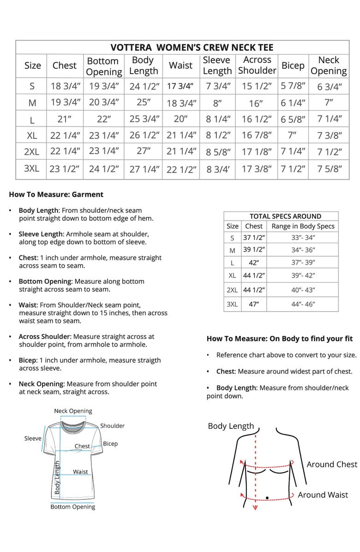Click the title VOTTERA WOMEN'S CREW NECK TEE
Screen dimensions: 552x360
(192, 48)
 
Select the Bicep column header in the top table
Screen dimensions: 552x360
(293, 66)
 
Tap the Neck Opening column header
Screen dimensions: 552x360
(329, 66)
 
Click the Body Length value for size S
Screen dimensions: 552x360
(144, 86)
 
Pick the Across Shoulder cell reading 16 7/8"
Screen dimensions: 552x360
(257, 135)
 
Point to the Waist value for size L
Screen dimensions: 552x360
(180, 119)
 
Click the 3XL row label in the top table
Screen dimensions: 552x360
(31, 168)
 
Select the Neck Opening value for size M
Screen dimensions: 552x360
(329, 102)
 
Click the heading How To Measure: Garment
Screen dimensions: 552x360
(56, 194)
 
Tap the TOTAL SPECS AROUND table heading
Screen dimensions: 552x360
(285, 216)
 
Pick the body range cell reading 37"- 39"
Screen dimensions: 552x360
(303, 262)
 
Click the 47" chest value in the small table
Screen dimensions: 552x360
(253, 304)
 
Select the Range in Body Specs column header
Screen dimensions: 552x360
(303, 226)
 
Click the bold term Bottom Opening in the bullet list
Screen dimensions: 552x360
(45, 281)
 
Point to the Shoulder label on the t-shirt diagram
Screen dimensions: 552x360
(112, 426)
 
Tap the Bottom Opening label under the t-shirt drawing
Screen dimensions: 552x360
(72, 507)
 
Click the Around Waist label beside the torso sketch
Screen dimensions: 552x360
(323, 495)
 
